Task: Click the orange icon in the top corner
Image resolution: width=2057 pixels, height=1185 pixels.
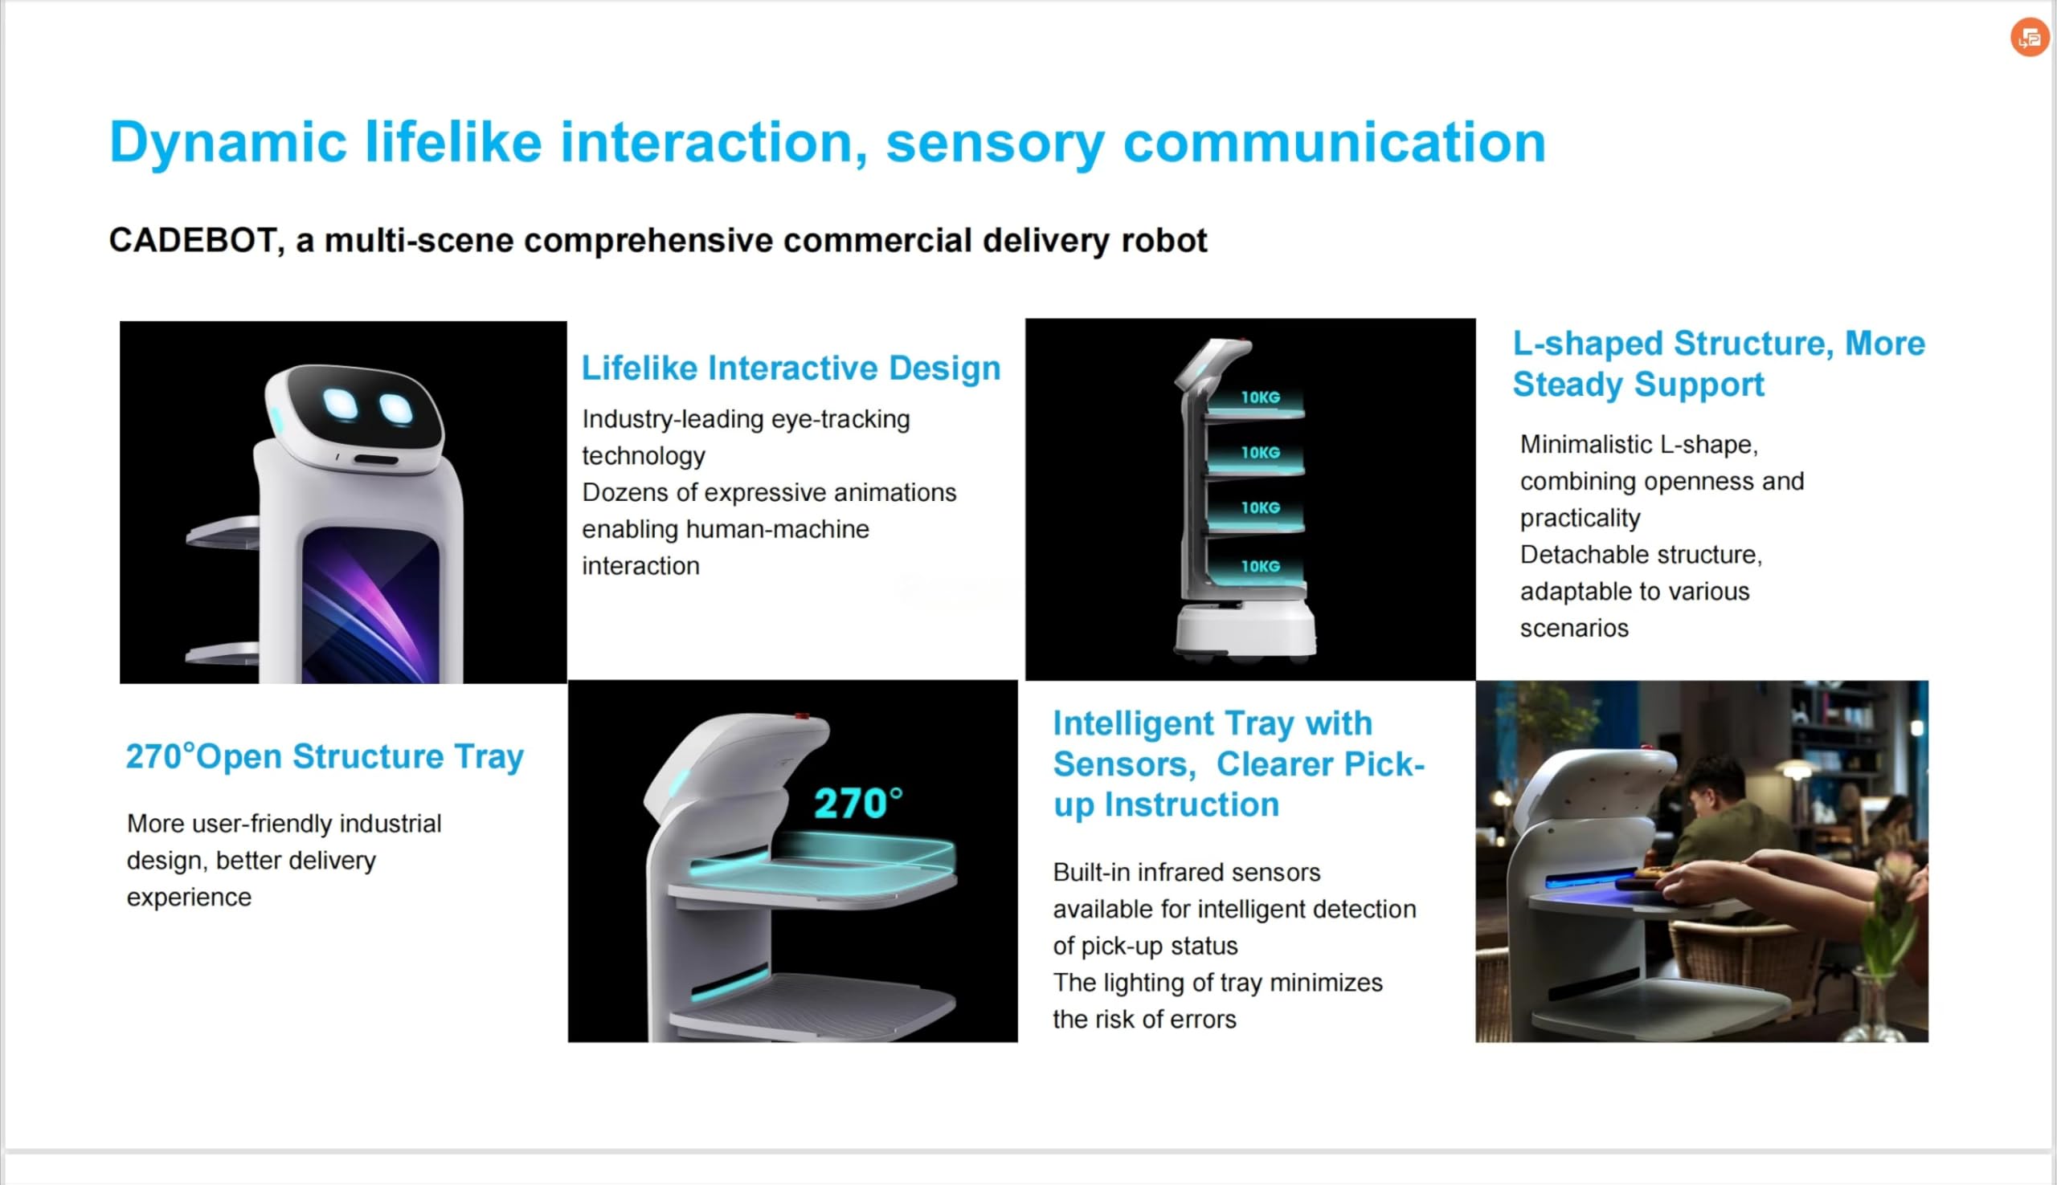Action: (x=2029, y=38)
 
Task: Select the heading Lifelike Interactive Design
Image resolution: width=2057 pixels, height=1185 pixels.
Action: (x=791, y=368)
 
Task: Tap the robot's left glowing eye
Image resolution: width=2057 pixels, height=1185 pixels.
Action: (x=340, y=405)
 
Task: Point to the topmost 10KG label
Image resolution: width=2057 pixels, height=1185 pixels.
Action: (x=1260, y=397)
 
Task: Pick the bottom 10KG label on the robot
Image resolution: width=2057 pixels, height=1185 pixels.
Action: (x=1260, y=566)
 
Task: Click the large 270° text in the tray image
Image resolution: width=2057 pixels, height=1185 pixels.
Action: (x=857, y=804)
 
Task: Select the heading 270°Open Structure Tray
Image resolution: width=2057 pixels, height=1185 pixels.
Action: (x=324, y=756)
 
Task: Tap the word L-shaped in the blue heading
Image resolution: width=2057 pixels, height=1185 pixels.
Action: (x=1588, y=344)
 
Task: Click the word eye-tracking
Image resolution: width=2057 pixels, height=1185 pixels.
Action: (x=840, y=420)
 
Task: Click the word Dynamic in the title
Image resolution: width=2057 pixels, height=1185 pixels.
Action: (x=227, y=143)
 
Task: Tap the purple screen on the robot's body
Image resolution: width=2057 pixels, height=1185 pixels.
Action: (x=370, y=605)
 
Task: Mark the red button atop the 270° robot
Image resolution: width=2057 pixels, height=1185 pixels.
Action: (x=802, y=716)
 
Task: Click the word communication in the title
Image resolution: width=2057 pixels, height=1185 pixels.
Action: (x=1334, y=142)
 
